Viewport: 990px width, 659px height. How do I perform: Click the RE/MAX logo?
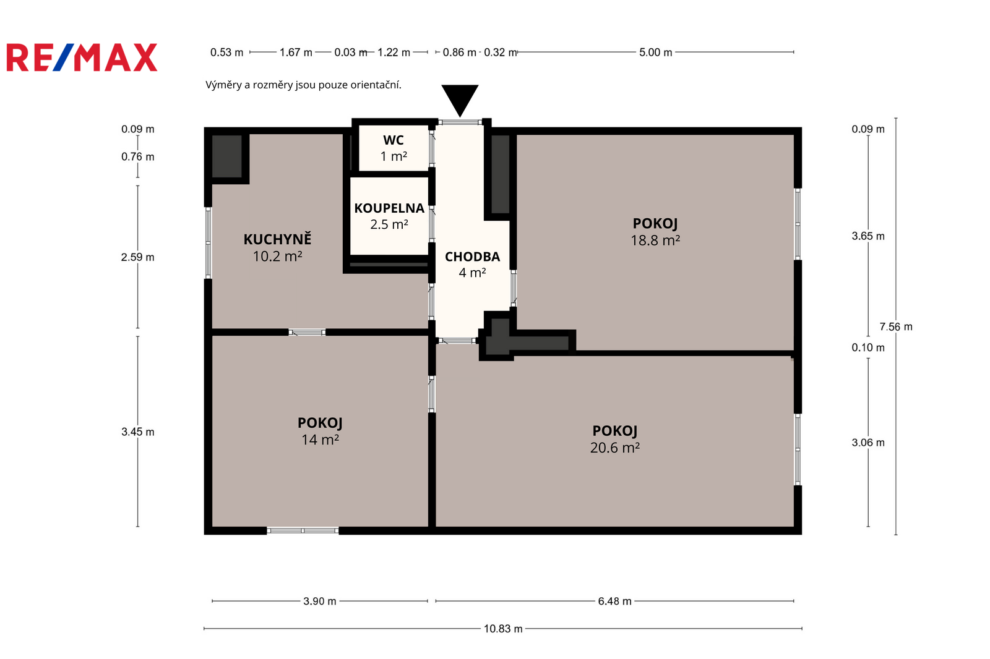pyautogui.click(x=82, y=57)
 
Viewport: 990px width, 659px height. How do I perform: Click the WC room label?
pyautogui.click(x=394, y=140)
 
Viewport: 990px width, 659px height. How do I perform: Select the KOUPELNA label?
pyautogui.click(x=389, y=208)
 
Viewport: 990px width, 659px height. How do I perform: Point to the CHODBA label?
pyautogui.click(x=473, y=257)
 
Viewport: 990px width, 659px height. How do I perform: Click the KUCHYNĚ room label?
pyautogui.click(x=278, y=239)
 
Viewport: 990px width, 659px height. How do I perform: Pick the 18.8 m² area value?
pyautogui.click(x=655, y=240)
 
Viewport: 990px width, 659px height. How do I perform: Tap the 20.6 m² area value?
pyautogui.click(x=615, y=448)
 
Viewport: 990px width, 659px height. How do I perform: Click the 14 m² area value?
pyautogui.click(x=320, y=440)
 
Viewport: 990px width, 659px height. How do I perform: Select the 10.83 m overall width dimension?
pyautogui.click(x=503, y=629)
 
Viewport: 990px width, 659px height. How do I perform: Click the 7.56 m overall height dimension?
pyautogui.click(x=896, y=327)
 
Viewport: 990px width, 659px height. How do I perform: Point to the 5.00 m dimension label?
pyautogui.click(x=655, y=52)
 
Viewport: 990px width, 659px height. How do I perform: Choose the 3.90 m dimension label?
pyautogui.click(x=319, y=601)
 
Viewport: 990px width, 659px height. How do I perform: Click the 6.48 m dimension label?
pyautogui.click(x=615, y=601)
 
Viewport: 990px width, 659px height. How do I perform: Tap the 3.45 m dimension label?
pyautogui.click(x=138, y=432)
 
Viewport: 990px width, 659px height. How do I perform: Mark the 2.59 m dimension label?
pyautogui.click(x=138, y=257)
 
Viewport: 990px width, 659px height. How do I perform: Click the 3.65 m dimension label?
pyautogui.click(x=868, y=236)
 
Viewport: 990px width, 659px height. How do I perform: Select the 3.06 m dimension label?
pyautogui.click(x=868, y=443)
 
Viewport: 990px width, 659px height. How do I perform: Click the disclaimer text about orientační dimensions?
pyautogui.click(x=303, y=85)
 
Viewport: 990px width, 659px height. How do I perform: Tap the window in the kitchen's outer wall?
pyautogui.click(x=208, y=242)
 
